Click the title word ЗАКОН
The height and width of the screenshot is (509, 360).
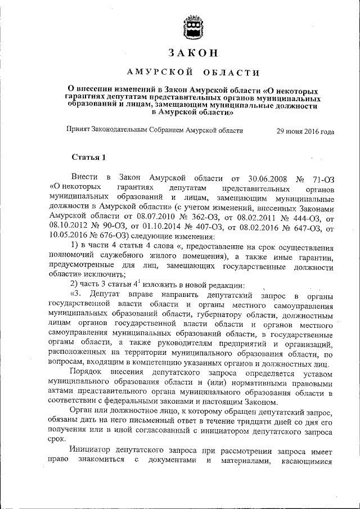tap(193, 53)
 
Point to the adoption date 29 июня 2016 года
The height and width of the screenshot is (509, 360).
tap(305, 132)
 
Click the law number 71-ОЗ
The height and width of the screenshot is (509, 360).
tap(321, 178)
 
